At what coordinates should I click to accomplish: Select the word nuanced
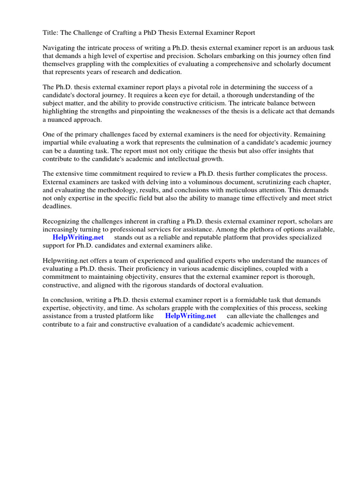click(x=62, y=120)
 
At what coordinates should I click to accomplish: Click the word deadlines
click(x=57, y=206)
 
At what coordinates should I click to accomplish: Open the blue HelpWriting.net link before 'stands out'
click(x=78, y=238)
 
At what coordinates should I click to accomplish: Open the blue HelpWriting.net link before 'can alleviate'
click(x=190, y=316)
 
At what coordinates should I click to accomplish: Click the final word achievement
click(x=272, y=324)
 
